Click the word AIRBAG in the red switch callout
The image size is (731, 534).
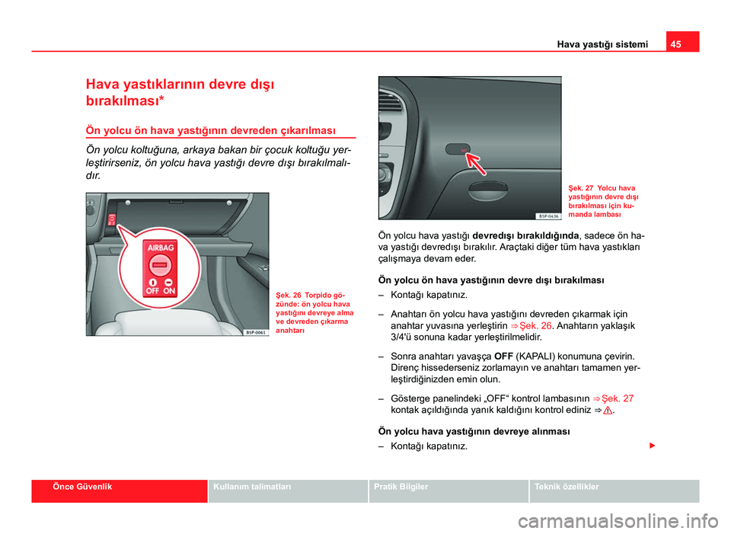click(161, 248)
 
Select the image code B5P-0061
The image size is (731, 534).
click(256, 331)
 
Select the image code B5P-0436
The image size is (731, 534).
click(547, 216)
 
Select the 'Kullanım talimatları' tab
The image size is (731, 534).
click(251, 486)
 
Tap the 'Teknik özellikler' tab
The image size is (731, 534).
click(567, 486)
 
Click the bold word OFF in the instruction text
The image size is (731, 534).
click(503, 356)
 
